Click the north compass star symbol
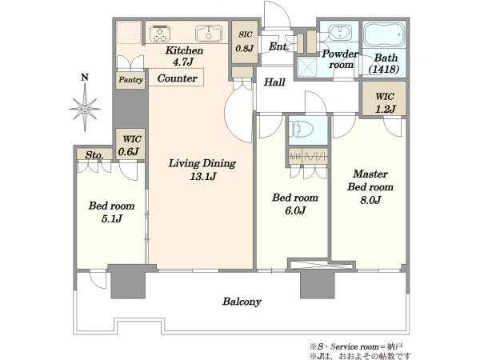point(85,108)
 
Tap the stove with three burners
point(160,34)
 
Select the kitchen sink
point(209,34)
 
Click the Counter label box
point(177,78)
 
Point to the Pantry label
point(130,80)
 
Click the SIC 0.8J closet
point(245,42)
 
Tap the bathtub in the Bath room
point(384,34)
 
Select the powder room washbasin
point(340,32)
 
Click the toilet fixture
point(301,129)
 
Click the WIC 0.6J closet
point(130,144)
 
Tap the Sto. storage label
point(94,155)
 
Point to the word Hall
point(274,82)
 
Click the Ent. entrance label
point(279,46)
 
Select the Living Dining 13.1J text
point(202,170)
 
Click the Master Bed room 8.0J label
point(370,186)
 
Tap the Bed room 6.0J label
point(295,203)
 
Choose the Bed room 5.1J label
point(112,211)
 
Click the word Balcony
point(242,302)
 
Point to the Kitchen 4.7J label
point(184,56)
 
